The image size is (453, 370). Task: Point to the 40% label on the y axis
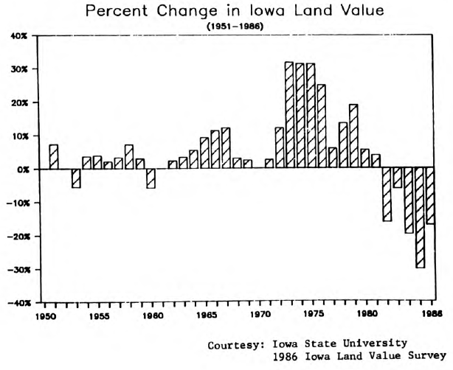(x=18, y=36)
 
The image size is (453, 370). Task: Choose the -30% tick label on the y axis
(x=17, y=270)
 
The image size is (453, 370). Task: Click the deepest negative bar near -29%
(x=420, y=218)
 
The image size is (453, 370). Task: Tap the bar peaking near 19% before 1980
(x=353, y=136)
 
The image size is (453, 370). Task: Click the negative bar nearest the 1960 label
(x=151, y=178)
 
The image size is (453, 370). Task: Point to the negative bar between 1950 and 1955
(x=75, y=178)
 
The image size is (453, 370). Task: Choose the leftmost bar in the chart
(x=54, y=157)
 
